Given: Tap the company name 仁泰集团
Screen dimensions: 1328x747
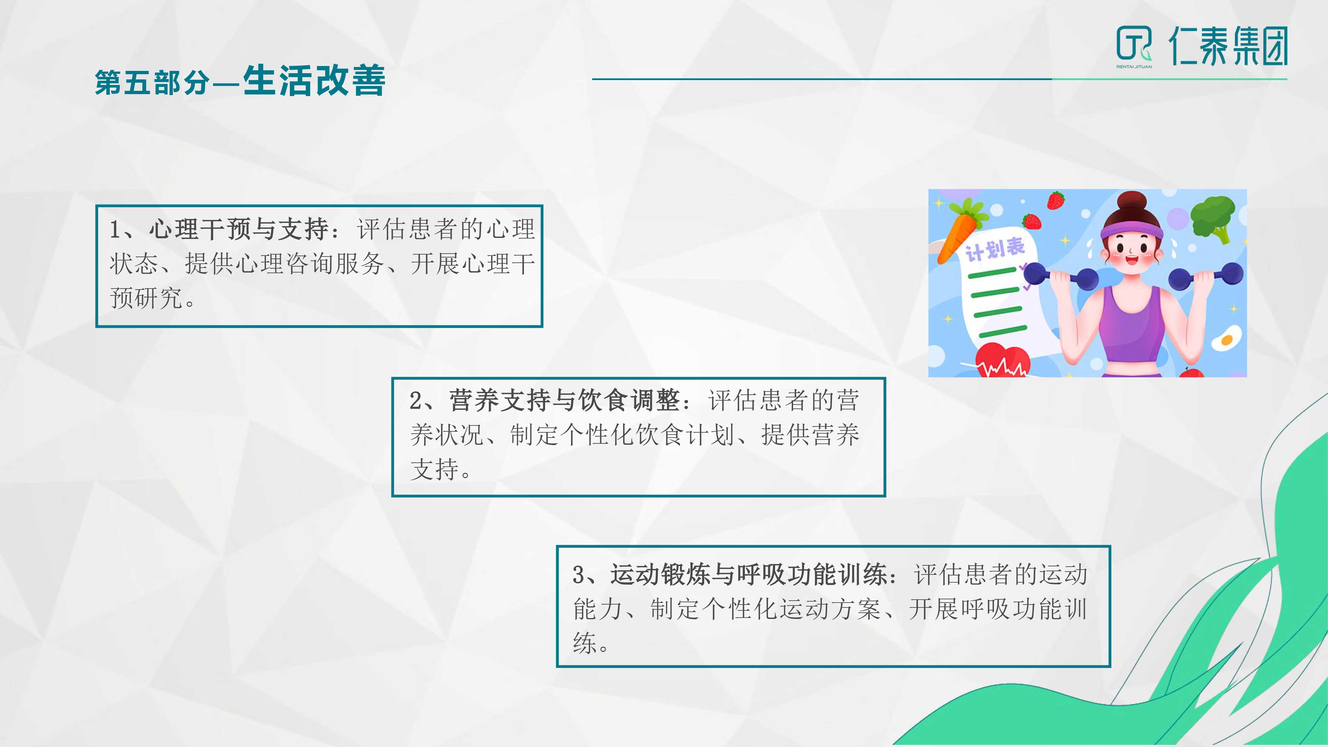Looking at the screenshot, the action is (1229, 46).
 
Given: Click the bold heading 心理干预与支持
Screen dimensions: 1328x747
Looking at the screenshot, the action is (239, 229).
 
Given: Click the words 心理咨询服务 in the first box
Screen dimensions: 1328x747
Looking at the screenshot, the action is (310, 264).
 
